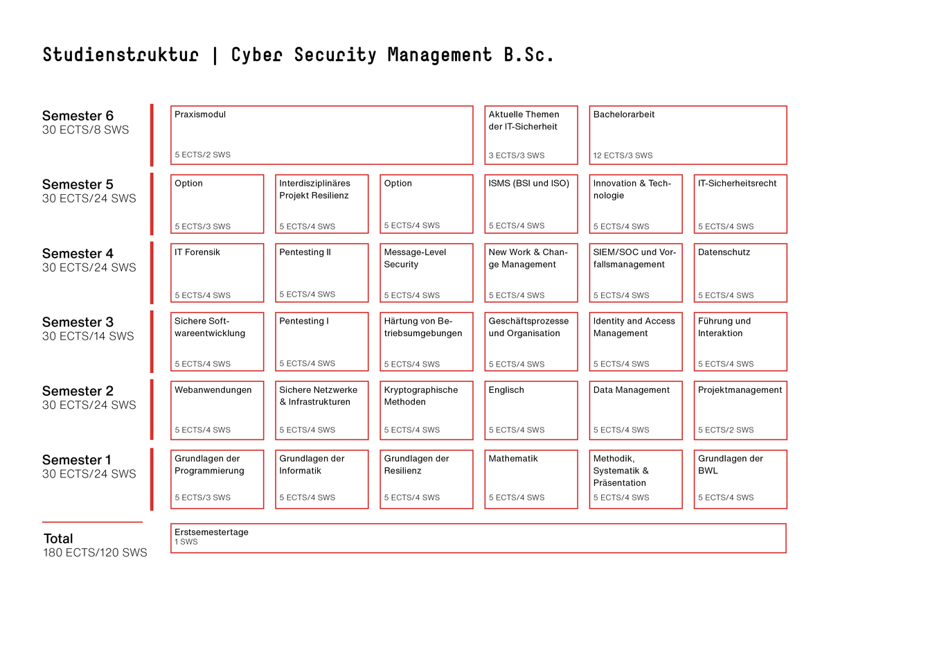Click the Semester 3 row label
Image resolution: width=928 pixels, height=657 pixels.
(x=78, y=322)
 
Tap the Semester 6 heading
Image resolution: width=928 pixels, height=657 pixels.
(x=78, y=116)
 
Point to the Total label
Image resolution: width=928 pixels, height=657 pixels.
(x=58, y=538)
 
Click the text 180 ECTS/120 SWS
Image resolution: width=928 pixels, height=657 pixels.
(x=95, y=552)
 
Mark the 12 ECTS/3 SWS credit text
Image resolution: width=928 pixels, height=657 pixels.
(x=623, y=155)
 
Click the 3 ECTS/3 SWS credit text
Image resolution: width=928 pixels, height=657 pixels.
(x=516, y=155)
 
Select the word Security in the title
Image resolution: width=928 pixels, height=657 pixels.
(x=335, y=55)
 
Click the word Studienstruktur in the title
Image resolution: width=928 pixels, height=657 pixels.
(x=121, y=55)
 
